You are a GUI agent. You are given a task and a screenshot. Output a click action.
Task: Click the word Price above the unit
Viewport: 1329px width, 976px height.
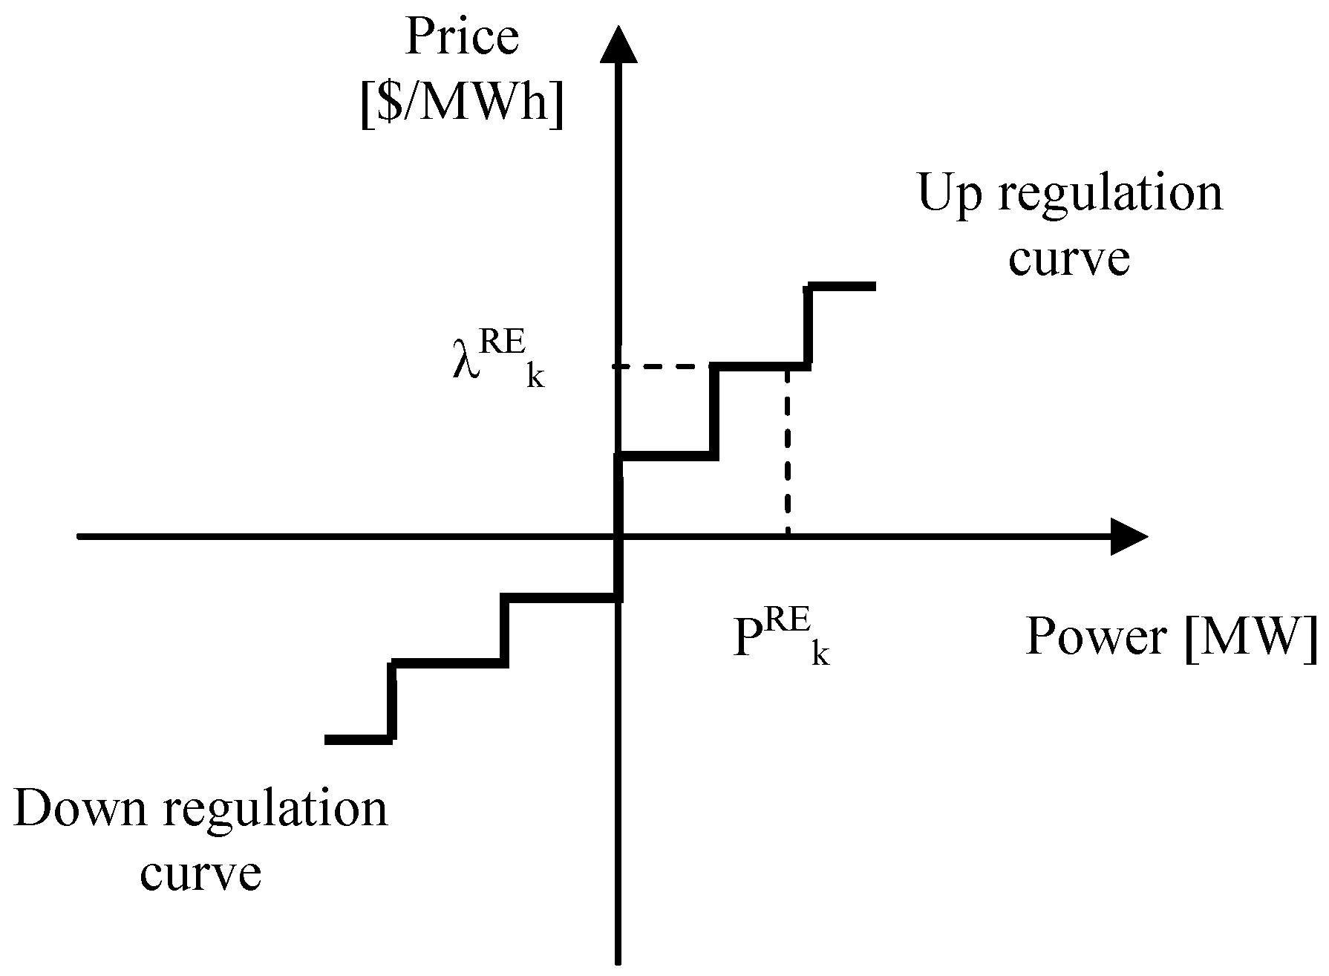pyautogui.click(x=461, y=39)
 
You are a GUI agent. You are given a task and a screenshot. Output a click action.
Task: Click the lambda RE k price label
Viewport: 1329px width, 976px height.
pyautogui.click(x=497, y=362)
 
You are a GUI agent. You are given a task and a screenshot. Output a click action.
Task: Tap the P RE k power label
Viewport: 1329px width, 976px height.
pyautogui.click(x=780, y=640)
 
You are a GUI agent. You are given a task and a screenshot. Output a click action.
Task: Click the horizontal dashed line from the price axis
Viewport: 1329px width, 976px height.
pyautogui.click(x=661, y=366)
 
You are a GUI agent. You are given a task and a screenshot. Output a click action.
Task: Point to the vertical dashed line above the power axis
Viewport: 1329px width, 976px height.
pyautogui.click(x=787, y=453)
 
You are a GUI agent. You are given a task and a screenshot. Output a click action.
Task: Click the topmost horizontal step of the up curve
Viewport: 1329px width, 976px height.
pyautogui.click(x=842, y=286)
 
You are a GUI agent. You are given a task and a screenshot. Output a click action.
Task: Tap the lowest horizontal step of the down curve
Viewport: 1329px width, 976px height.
pyautogui.click(x=358, y=739)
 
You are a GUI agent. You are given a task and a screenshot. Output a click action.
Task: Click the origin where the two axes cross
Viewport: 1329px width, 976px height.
pyautogui.click(x=618, y=536)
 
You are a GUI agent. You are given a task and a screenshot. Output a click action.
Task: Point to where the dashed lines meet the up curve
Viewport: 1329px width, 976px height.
pyautogui.click(x=787, y=366)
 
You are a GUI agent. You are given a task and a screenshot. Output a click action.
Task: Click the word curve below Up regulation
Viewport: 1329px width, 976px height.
pyautogui.click(x=1069, y=259)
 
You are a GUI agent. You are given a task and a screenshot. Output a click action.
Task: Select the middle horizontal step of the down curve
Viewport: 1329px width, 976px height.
pyautogui.click(x=448, y=663)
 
